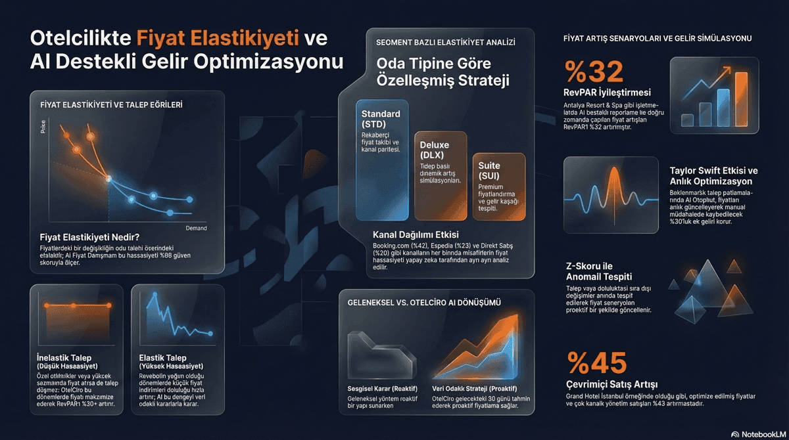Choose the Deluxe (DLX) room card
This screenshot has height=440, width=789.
(x=441, y=175)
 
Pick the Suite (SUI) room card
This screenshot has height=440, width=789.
(x=499, y=187)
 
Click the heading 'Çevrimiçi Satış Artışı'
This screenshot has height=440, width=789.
(x=611, y=384)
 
